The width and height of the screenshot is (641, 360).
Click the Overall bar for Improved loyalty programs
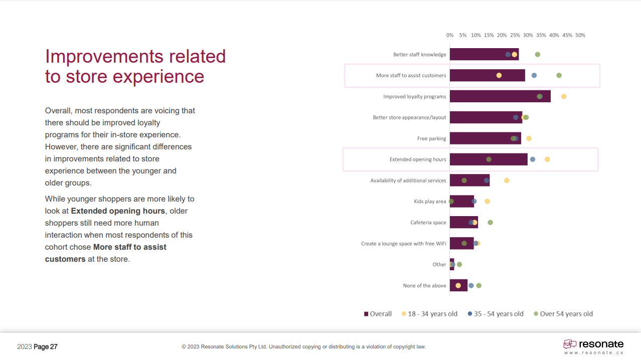[500, 96]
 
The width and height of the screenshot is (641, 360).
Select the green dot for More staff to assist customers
[559, 75]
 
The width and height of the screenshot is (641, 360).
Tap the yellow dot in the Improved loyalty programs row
[564, 96]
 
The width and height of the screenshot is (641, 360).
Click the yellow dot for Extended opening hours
[547, 159]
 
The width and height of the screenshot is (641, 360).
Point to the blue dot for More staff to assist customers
[534, 75]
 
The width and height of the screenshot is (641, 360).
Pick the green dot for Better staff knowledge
[538, 54]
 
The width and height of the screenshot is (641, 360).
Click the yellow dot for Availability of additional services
[507, 181]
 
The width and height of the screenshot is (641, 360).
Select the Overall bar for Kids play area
[461, 202]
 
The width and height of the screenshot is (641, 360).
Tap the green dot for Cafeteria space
[490, 223]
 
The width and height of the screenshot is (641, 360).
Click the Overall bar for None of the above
[458, 285]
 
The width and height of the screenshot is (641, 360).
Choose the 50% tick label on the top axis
[580, 35]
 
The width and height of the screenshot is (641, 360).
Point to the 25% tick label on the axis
[515, 35]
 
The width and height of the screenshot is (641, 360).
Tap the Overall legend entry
[378, 314]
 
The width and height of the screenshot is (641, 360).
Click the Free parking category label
[431, 138]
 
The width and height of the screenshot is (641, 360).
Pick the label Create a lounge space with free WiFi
[403, 244]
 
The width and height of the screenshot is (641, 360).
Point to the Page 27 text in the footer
[46, 346]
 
